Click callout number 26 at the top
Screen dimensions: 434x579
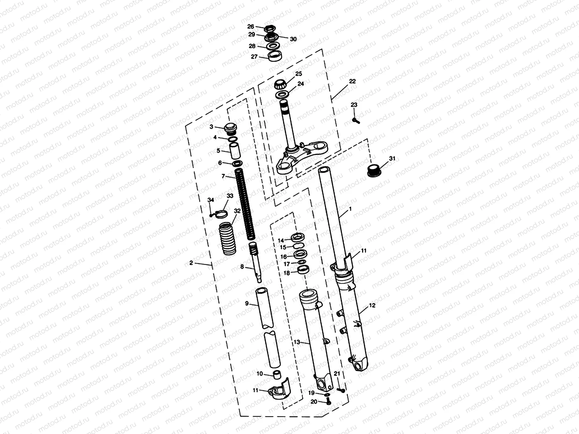click(251, 27)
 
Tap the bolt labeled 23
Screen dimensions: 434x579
click(356, 121)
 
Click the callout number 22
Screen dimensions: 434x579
click(352, 82)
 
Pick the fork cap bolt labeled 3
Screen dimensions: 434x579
click(230, 128)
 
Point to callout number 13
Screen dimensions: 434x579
click(297, 342)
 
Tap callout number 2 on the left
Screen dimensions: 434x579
click(191, 263)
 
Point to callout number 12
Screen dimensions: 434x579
click(372, 305)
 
